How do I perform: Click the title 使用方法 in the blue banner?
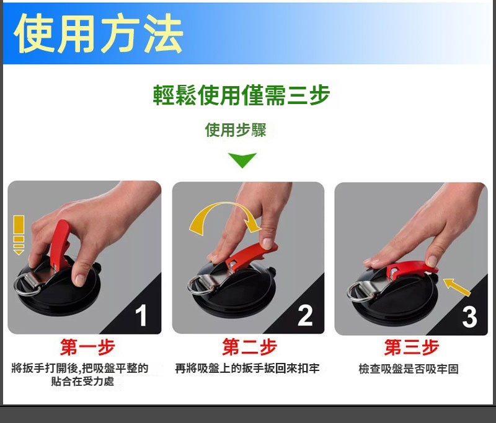pyautogui.click(x=99, y=33)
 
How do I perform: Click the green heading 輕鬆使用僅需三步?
pyautogui.click(x=241, y=95)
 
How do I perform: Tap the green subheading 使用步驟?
pyautogui.click(x=236, y=130)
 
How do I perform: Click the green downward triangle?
pyautogui.click(x=242, y=160)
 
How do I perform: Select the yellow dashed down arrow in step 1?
pyautogui.click(x=19, y=235)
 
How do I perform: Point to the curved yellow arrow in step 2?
pyautogui.click(x=221, y=207)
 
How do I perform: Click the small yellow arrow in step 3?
pyautogui.click(x=456, y=287)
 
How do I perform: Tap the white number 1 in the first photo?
pyautogui.click(x=141, y=315)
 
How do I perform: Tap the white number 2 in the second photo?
pyautogui.click(x=305, y=315)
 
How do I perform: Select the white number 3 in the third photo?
pyautogui.click(x=469, y=317)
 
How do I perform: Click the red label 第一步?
pyautogui.click(x=87, y=347)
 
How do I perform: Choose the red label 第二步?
pyautogui.click(x=250, y=347)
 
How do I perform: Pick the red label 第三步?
pyautogui.click(x=412, y=347)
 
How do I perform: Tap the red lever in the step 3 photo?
pyautogui.click(x=411, y=269)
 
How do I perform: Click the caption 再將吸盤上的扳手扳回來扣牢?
pyautogui.click(x=247, y=368)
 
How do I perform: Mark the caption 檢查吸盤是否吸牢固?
pyautogui.click(x=409, y=368)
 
